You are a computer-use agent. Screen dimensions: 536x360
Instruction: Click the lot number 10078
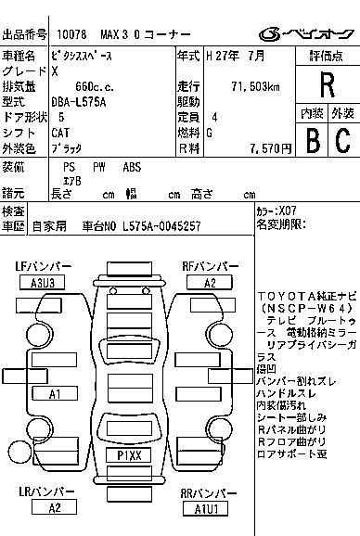71,34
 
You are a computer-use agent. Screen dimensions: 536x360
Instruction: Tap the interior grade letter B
313,140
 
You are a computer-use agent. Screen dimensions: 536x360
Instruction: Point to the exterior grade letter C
342,140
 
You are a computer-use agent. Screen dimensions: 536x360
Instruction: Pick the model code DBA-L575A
82,101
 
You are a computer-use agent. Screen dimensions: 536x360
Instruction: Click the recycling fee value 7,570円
264,147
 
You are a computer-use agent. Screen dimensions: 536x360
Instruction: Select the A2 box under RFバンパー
211,283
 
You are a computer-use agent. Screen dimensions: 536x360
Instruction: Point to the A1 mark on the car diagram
54,394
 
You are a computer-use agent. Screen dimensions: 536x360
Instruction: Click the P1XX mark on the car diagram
129,455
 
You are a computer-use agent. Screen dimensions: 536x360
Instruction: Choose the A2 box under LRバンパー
55,507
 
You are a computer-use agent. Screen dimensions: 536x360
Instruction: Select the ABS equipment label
133,167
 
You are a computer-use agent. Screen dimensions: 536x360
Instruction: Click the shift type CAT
61,132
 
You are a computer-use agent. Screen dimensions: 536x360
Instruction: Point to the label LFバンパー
42,266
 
